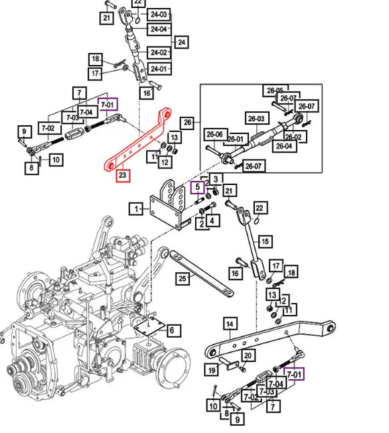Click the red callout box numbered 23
coord(123,174)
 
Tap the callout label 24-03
coord(159,14)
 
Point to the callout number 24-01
coord(159,69)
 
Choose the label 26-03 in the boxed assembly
coord(256,119)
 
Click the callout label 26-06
coord(215,135)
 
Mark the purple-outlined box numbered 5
coord(198,187)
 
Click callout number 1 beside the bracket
coord(136,208)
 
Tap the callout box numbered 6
coord(172,330)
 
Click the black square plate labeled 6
coord(149,326)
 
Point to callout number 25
coord(182,278)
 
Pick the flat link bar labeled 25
coord(201,273)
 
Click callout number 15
coord(265,241)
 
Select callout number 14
coord(229,324)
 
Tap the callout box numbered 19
coord(212,370)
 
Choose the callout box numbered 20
coord(248,356)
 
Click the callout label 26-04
coord(284,146)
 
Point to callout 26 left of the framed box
coord(187,122)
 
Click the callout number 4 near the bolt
coord(212,221)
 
